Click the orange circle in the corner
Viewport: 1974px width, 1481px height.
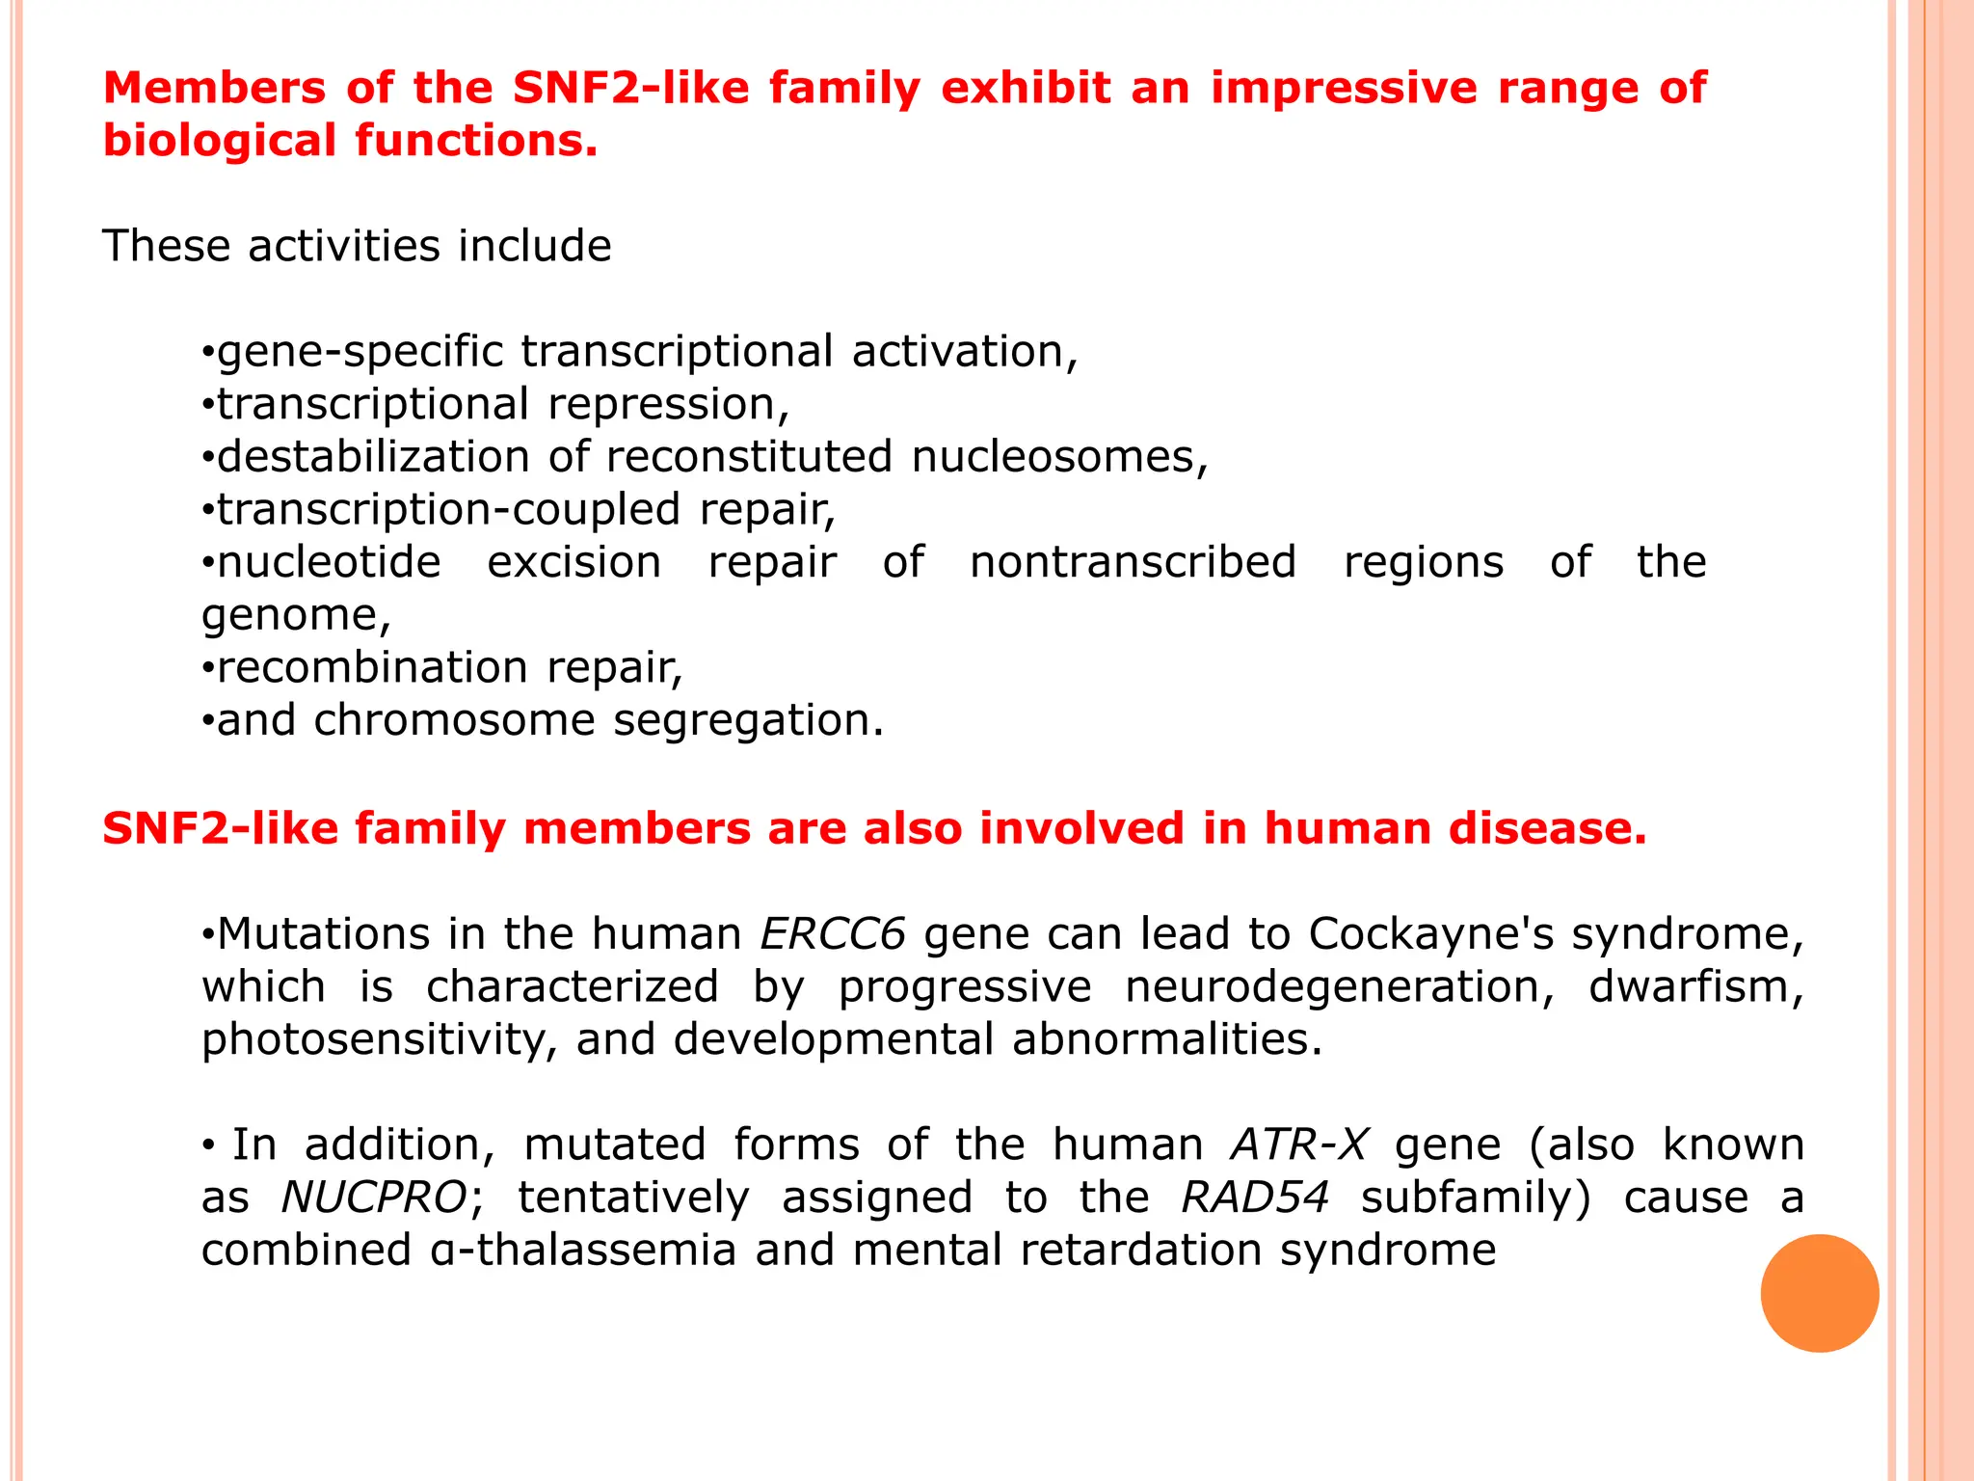pos(1819,1293)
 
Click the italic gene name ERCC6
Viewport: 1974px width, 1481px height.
pos(833,934)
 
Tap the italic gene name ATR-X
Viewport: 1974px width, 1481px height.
pos(1298,1145)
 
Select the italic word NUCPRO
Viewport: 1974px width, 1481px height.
pos(374,1198)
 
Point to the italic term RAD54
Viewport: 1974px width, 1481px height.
pos(1255,1198)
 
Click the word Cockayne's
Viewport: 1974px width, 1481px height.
pos(1430,934)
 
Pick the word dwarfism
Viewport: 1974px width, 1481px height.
pos(1695,987)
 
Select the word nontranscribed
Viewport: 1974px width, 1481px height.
pos(1133,562)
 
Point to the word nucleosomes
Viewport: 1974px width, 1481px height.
pos(1059,457)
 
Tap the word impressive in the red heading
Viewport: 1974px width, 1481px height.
pos(1344,89)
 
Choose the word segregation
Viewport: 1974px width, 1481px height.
pos(748,720)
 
